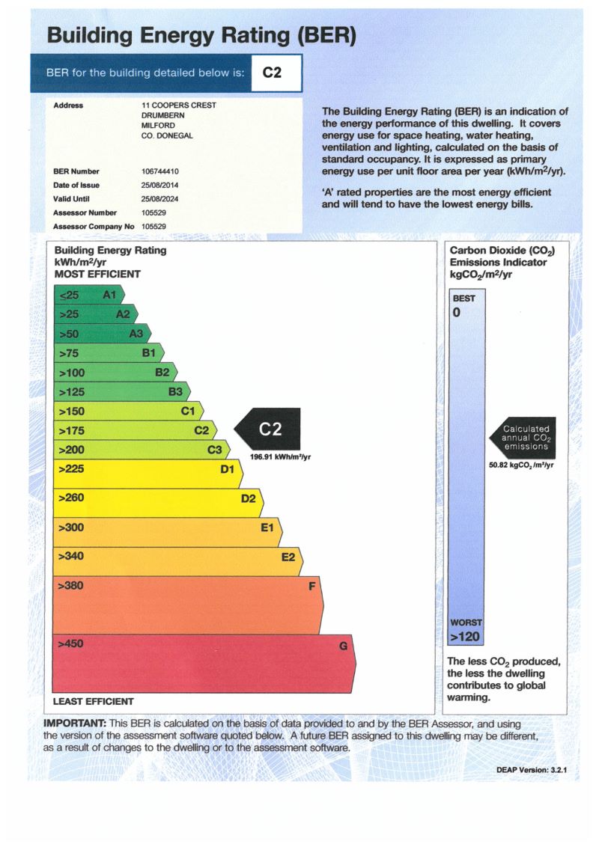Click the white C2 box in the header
(276, 73)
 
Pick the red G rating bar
(202, 663)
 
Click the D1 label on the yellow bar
(228, 469)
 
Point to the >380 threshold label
(70, 586)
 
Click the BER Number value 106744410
(159, 172)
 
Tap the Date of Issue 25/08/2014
(159, 186)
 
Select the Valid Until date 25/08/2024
(159, 199)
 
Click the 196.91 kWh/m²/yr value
(280, 456)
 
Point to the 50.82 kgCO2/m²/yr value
(521, 465)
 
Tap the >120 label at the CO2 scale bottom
(464, 637)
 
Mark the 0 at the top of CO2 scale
(456, 313)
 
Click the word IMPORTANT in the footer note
(75, 724)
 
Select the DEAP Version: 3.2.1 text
(537, 769)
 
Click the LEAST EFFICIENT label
(94, 702)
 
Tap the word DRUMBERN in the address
(162, 116)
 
